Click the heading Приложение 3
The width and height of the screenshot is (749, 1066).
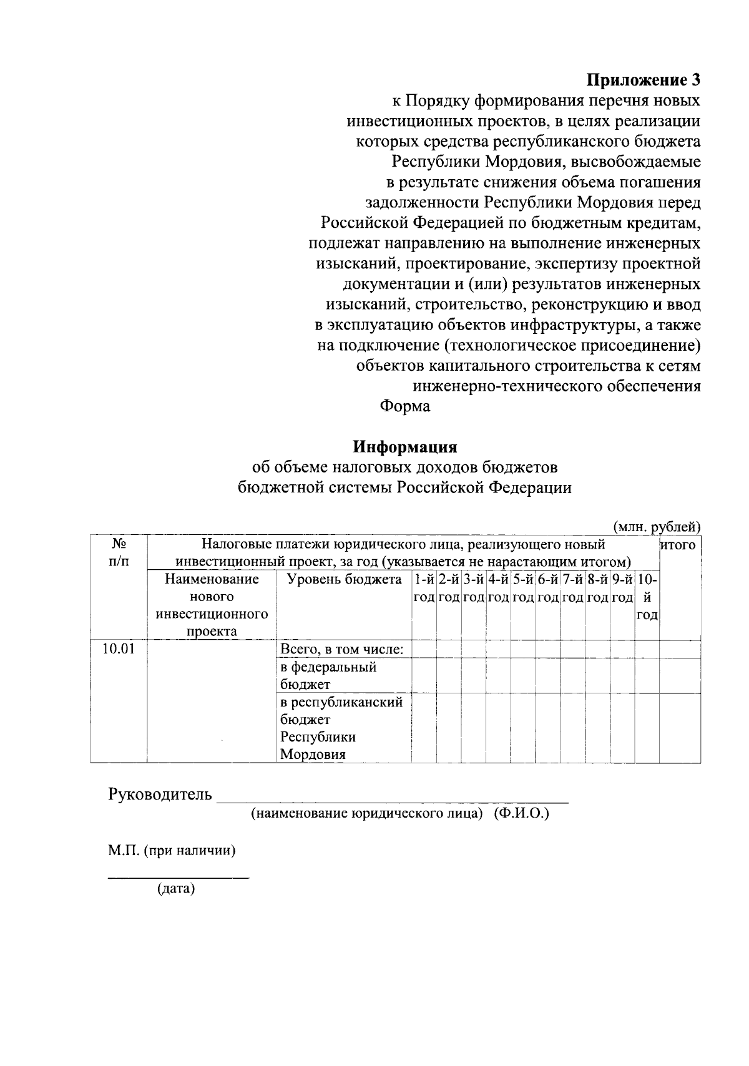(643, 81)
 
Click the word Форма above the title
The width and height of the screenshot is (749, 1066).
(405, 406)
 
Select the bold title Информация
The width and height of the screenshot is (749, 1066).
(405, 447)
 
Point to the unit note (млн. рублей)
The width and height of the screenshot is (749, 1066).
(657, 527)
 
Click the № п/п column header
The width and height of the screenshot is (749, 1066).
(119, 552)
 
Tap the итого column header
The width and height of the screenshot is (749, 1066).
(679, 545)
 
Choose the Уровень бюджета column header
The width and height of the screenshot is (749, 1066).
(344, 580)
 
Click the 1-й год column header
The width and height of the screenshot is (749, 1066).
(424, 588)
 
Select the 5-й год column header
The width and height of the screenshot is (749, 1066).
(523, 588)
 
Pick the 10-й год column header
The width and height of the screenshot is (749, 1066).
(647, 597)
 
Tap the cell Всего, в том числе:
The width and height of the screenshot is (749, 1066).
(341, 650)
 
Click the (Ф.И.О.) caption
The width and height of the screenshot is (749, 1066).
(522, 814)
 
